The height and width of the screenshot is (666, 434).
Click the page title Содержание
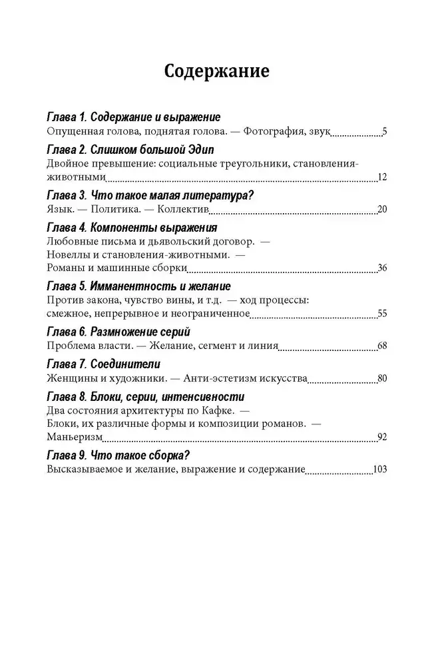(x=216, y=71)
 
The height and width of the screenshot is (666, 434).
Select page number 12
(x=382, y=177)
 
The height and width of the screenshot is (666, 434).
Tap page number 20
(x=382, y=210)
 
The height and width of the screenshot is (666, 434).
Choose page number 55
(x=382, y=314)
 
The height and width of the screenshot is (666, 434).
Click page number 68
(x=382, y=346)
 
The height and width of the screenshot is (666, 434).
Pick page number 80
(x=382, y=379)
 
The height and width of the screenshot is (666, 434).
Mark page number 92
(x=382, y=438)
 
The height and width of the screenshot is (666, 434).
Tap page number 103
(x=380, y=470)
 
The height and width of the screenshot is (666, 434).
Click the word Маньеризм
(x=74, y=438)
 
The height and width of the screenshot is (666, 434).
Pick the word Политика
(x=119, y=210)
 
